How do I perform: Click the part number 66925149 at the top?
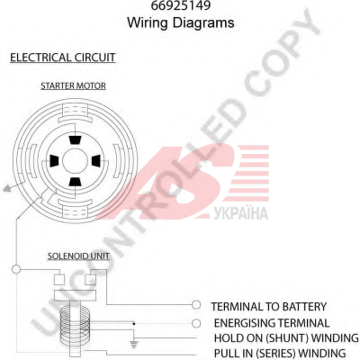[181, 5]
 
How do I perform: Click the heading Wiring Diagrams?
[181, 22]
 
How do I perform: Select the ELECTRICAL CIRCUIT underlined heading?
[63, 58]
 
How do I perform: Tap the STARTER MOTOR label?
[73, 85]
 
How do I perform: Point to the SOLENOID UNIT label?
[78, 256]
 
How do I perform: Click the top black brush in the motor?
[75, 140]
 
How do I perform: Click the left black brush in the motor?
[54, 161]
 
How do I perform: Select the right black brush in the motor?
[95, 161]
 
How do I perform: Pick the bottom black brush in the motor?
[75, 182]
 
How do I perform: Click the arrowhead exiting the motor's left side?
[7, 188]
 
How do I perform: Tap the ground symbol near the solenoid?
[134, 345]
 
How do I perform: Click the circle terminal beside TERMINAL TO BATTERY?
[196, 305]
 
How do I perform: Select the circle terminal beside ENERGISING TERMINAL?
[196, 323]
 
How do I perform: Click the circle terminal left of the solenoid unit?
[16, 269]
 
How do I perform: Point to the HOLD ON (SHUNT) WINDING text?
[286, 338]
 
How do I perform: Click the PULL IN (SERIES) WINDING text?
[280, 353]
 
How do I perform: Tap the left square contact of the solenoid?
[59, 279]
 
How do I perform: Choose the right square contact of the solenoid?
[90, 279]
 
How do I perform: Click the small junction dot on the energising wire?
[134, 324]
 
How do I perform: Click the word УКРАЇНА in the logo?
[241, 213]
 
